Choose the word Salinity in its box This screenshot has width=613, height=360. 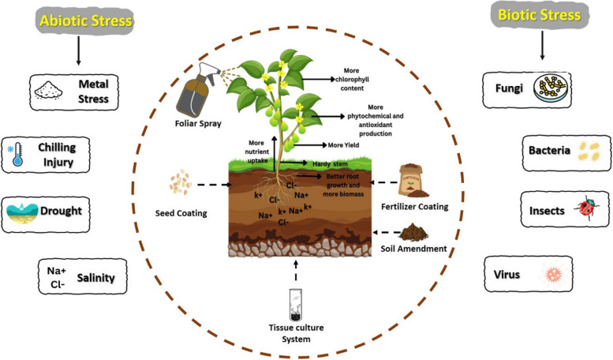point(99,277)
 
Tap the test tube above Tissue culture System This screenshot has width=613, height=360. point(296,305)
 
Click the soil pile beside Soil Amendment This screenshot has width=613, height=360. point(412,232)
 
